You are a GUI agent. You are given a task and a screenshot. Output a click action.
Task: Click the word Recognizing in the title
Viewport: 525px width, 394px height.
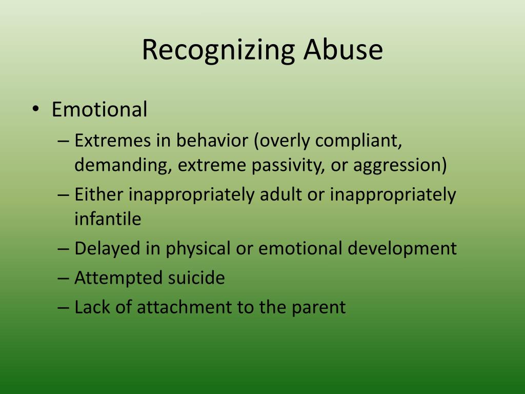pyautogui.click(x=218, y=50)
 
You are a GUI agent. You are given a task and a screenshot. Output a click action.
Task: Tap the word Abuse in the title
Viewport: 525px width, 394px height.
pyautogui.click(x=342, y=49)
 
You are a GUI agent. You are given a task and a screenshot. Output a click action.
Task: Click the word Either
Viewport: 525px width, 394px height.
pyautogui.click(x=99, y=194)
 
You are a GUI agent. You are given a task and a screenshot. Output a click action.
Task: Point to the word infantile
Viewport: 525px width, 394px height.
pyautogui.click(x=108, y=219)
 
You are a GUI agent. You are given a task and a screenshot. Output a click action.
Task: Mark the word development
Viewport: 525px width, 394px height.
pyautogui.click(x=402, y=248)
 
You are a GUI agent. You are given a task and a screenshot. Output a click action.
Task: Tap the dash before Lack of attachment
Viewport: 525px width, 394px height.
pyautogui.click(x=63, y=307)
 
